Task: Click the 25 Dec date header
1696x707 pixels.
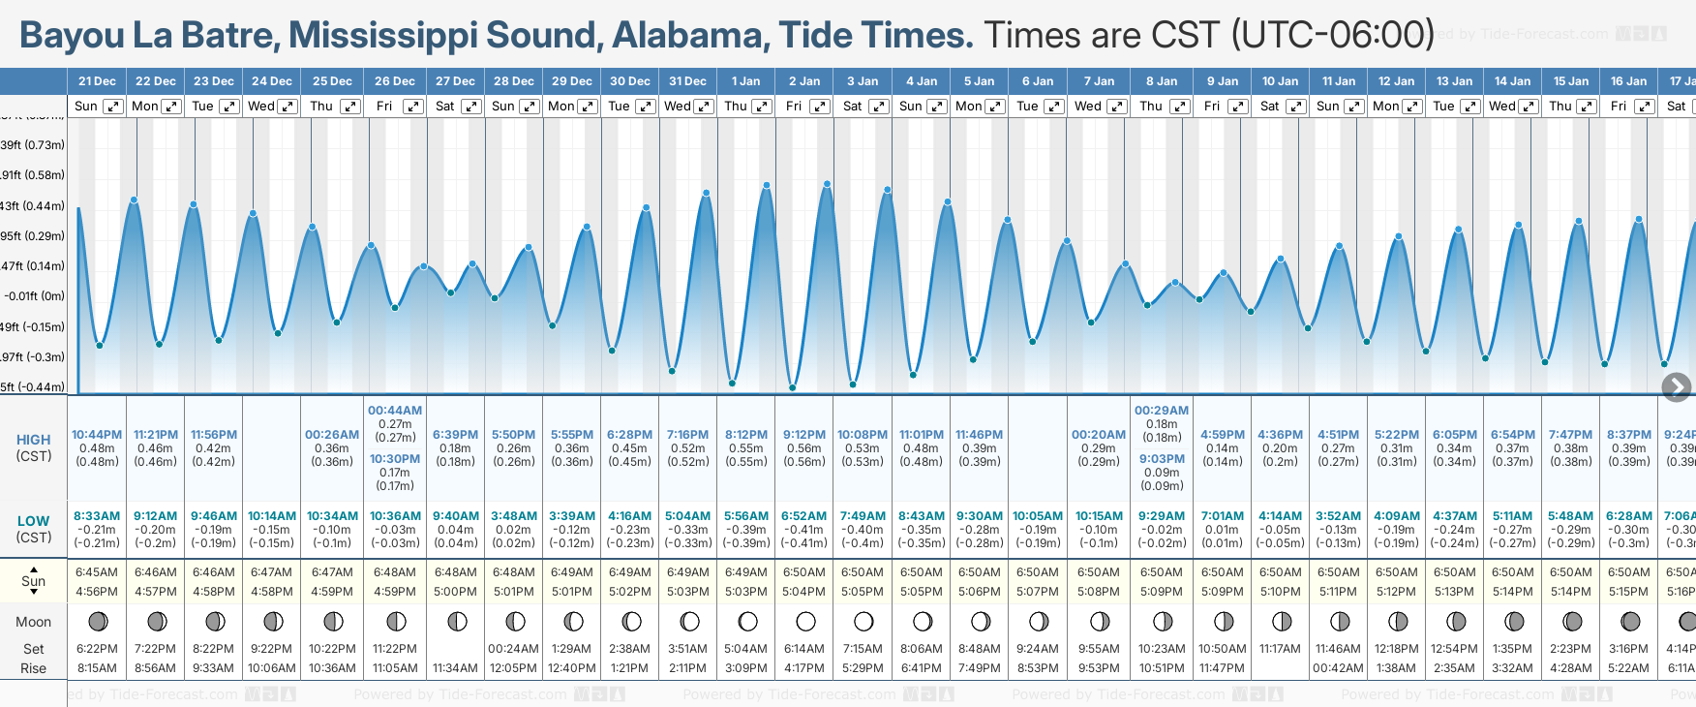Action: click(x=332, y=81)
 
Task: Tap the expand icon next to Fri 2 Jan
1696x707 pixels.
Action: click(x=820, y=107)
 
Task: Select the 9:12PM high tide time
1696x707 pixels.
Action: click(x=804, y=435)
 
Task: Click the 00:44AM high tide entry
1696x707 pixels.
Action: click(x=395, y=411)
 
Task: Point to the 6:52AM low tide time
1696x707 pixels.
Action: click(x=804, y=516)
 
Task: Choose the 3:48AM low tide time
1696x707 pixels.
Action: click(x=513, y=516)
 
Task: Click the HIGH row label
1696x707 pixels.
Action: click(x=34, y=440)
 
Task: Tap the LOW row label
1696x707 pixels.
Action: click(x=34, y=521)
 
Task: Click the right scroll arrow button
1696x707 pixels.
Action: click(x=1677, y=387)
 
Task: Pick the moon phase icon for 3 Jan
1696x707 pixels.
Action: click(x=863, y=621)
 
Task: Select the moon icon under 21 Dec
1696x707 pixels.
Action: click(x=98, y=621)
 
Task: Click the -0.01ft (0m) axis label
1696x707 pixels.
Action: click(x=34, y=296)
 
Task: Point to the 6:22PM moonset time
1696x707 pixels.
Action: click(x=97, y=649)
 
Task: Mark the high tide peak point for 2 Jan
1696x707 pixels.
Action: click(x=827, y=183)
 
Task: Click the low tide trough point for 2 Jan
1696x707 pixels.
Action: click(x=793, y=387)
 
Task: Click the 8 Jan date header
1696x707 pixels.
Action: click(x=1162, y=81)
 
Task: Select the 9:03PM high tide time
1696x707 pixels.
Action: click(x=1162, y=459)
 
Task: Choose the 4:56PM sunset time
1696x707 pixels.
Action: click(x=97, y=592)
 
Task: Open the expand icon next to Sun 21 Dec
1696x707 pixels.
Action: click(x=113, y=107)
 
